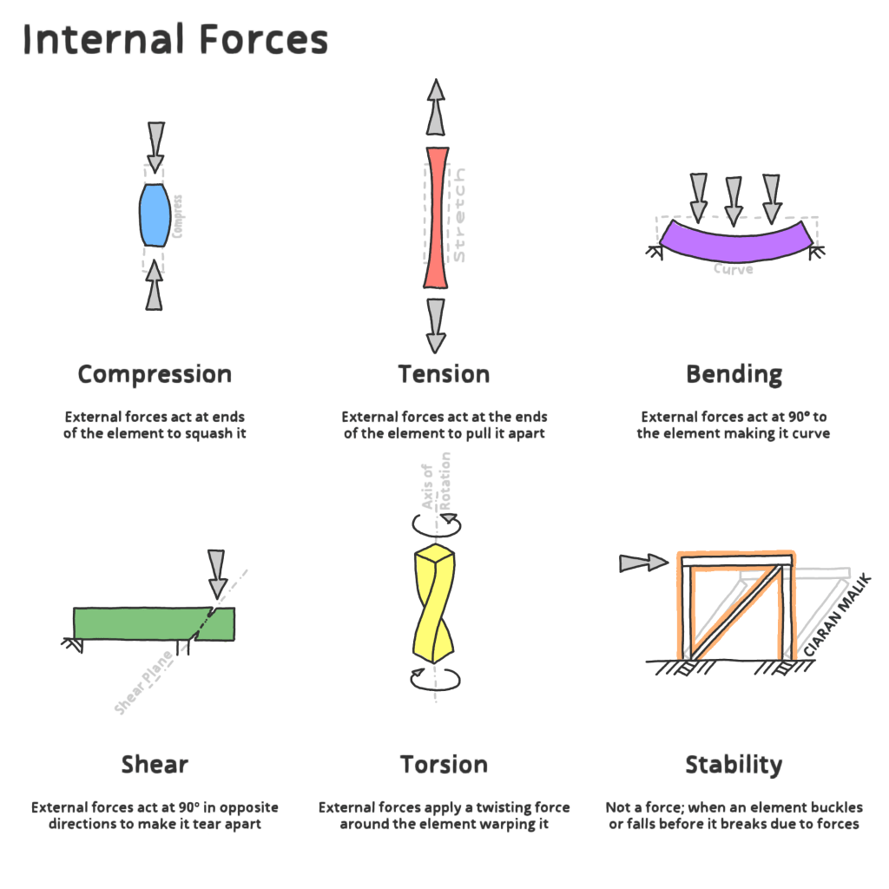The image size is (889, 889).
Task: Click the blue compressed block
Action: (154, 214)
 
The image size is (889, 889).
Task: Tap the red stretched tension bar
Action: (436, 217)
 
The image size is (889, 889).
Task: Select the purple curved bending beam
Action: (734, 242)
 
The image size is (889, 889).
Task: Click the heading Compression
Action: (155, 374)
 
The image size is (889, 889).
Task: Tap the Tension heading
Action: (444, 374)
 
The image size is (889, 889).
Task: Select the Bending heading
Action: (734, 375)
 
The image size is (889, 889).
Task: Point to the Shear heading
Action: (155, 765)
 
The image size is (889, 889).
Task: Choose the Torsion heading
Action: (444, 765)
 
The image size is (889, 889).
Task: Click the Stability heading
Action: (734, 765)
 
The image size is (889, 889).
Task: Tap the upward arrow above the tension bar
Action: (436, 105)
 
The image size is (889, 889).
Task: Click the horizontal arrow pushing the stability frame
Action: (642, 563)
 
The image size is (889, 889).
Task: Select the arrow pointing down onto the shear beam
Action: (217, 574)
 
